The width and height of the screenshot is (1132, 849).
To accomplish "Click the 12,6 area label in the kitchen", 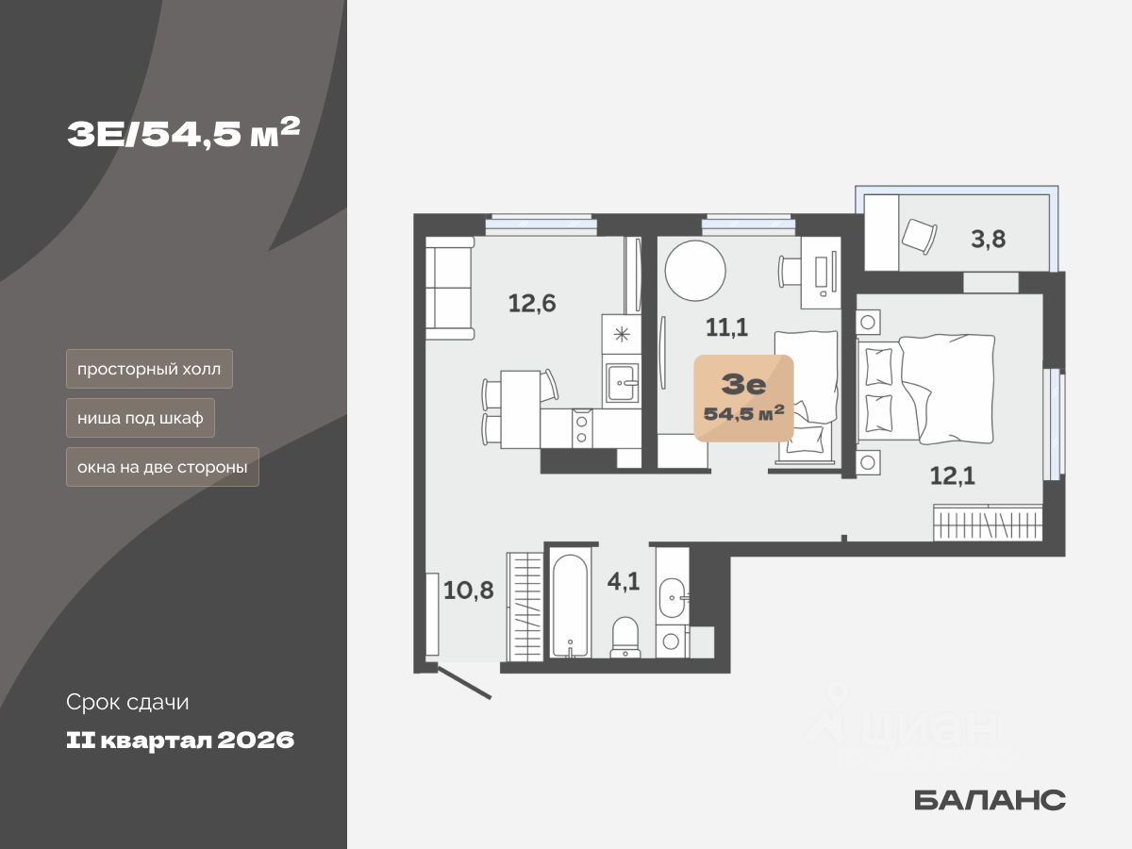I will tap(532, 304).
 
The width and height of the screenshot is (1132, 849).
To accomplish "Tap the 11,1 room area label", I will tap(727, 327).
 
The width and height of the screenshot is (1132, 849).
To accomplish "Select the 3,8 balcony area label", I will tap(989, 239).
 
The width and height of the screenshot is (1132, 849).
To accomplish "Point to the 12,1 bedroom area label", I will tap(952, 476).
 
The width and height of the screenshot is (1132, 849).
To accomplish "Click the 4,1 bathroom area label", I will tap(624, 581).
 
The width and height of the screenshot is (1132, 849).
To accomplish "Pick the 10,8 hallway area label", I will tap(469, 591).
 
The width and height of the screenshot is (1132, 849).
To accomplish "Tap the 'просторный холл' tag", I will tap(149, 369).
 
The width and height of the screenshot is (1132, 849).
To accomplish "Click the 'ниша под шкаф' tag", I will tap(141, 418).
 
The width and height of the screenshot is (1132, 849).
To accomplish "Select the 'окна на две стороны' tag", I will tap(162, 467).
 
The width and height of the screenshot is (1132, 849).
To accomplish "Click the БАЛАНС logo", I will tap(990, 800).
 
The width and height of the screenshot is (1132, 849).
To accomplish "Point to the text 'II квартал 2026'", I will tap(180, 741).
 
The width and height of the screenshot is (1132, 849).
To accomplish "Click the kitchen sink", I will tap(621, 383).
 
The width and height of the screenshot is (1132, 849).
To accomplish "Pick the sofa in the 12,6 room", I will tap(449, 288).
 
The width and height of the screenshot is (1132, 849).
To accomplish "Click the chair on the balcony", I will tap(918, 235).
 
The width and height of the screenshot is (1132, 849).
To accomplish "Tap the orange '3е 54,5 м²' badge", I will tap(743, 397).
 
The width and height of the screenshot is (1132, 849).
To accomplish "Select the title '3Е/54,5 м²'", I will tap(183, 136).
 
